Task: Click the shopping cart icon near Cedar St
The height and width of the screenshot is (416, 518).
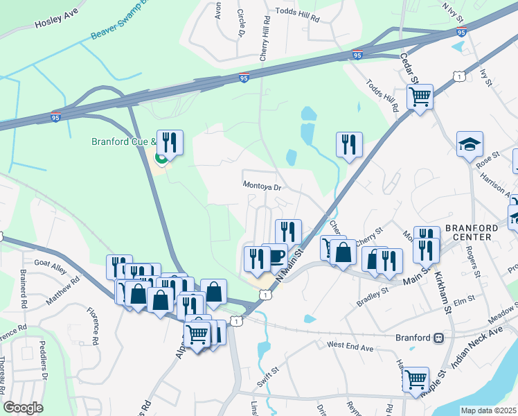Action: [420, 98]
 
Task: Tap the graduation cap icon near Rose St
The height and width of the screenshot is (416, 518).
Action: [470, 145]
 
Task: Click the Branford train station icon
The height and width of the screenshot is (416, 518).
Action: [438, 338]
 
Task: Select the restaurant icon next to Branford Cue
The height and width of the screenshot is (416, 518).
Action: [170, 143]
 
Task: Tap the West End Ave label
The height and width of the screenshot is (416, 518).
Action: [350, 345]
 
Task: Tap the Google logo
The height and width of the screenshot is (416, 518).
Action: [24, 408]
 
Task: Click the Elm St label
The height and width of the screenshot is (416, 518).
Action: [464, 298]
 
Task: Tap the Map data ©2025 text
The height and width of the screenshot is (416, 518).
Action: [488, 410]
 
